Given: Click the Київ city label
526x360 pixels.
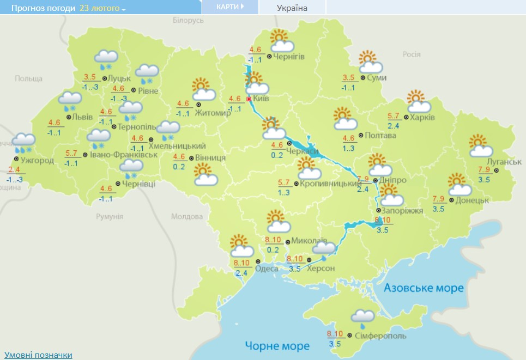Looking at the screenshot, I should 261,100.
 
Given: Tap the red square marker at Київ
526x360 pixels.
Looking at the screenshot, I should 249,100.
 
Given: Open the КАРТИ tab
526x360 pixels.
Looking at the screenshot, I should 229,7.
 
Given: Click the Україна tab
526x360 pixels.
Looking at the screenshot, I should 292,8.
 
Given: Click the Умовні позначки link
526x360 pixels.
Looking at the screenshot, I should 38,355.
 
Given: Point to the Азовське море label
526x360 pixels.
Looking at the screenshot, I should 424,288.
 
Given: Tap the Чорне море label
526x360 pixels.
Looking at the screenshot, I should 277,346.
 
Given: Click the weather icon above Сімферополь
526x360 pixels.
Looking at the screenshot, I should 362,318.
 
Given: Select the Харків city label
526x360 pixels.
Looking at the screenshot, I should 422,118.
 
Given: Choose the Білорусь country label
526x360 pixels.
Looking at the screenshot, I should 188,20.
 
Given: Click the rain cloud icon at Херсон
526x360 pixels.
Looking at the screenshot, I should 324,249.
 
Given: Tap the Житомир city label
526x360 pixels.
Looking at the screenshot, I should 216,113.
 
